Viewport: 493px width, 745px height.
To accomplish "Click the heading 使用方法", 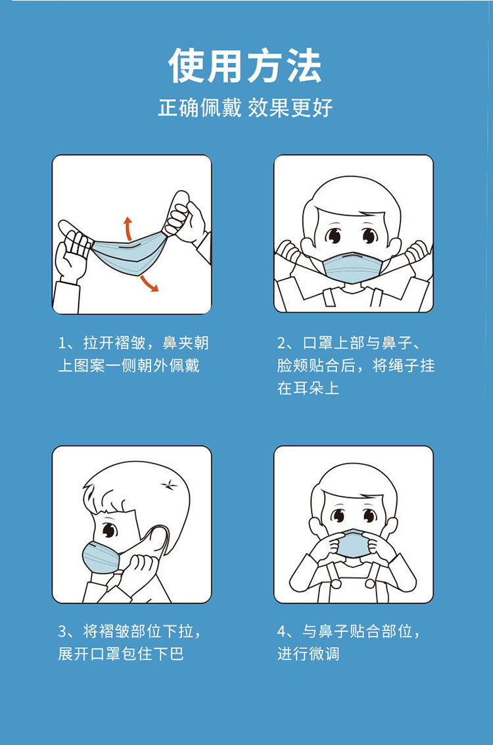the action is [x=245, y=66].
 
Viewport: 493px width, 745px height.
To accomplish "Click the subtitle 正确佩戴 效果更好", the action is [x=245, y=108].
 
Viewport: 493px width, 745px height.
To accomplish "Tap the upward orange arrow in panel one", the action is [x=128, y=229].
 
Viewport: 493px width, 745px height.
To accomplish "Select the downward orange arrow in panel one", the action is [x=149, y=283].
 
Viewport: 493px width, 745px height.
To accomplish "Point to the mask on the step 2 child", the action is [x=352, y=267].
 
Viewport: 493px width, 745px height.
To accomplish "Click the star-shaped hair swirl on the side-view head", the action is [x=168, y=485].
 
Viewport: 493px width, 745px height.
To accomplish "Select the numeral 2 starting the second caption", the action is [x=281, y=343].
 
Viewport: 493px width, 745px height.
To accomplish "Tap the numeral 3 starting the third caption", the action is [x=62, y=631].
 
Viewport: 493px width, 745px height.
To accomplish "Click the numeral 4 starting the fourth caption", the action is [x=281, y=631].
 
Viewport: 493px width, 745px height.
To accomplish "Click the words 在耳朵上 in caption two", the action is [x=308, y=388].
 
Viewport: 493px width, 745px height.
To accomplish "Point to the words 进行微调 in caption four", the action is [x=308, y=654].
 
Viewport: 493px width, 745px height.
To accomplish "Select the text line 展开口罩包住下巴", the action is [x=121, y=654].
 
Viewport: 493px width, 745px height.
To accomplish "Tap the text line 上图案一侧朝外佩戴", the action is [x=129, y=366].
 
